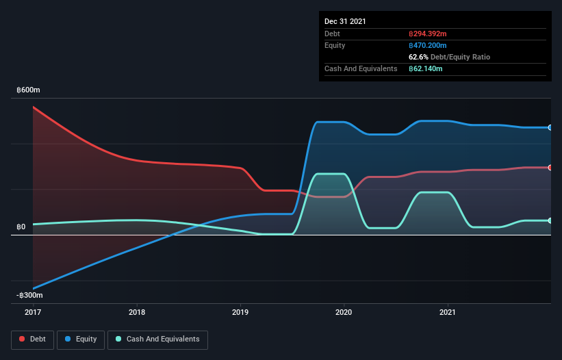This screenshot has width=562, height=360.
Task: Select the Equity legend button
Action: click(x=81, y=339)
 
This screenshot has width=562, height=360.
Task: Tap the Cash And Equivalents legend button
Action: click(x=157, y=339)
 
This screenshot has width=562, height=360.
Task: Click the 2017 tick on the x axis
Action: click(x=33, y=312)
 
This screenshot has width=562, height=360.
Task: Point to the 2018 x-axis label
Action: click(x=137, y=312)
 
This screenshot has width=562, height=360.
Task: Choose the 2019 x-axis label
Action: click(x=240, y=312)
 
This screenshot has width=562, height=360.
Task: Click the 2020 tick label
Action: click(x=344, y=312)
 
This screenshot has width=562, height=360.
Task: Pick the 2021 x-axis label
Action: click(x=448, y=312)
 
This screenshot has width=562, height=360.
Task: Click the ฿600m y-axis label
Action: click(x=29, y=90)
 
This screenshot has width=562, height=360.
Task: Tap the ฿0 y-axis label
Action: click(x=21, y=227)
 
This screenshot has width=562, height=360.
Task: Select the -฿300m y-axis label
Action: click(x=30, y=296)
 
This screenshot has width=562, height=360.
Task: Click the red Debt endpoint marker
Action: click(x=550, y=168)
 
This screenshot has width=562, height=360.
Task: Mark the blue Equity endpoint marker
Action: click(x=550, y=127)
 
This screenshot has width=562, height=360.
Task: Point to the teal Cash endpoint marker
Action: click(x=550, y=220)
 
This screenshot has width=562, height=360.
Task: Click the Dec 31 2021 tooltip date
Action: click(x=345, y=21)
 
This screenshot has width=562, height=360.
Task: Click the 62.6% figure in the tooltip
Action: click(x=419, y=57)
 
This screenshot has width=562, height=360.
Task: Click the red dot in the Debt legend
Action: click(x=23, y=339)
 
